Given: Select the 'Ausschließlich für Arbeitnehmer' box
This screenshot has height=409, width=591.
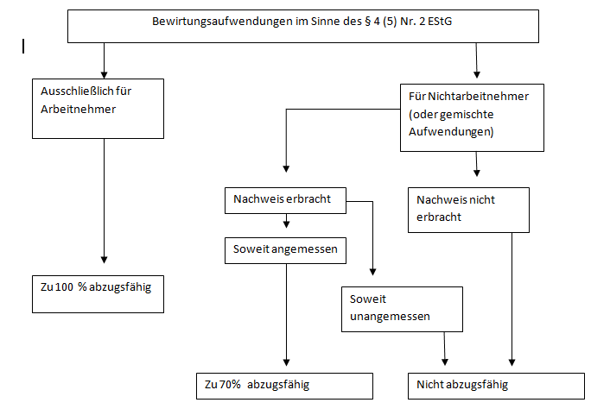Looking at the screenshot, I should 98,107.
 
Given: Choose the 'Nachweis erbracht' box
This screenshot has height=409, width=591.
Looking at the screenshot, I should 283,200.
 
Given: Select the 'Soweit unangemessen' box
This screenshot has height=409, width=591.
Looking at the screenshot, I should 401,308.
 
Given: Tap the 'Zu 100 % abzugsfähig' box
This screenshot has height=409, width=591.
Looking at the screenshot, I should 98,293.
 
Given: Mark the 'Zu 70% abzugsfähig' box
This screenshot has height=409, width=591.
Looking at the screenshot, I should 283,385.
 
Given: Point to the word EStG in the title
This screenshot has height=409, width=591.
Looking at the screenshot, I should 436,19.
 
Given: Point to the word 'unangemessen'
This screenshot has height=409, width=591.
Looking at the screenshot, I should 390,317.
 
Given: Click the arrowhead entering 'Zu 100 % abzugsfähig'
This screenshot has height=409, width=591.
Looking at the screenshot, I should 105,260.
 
